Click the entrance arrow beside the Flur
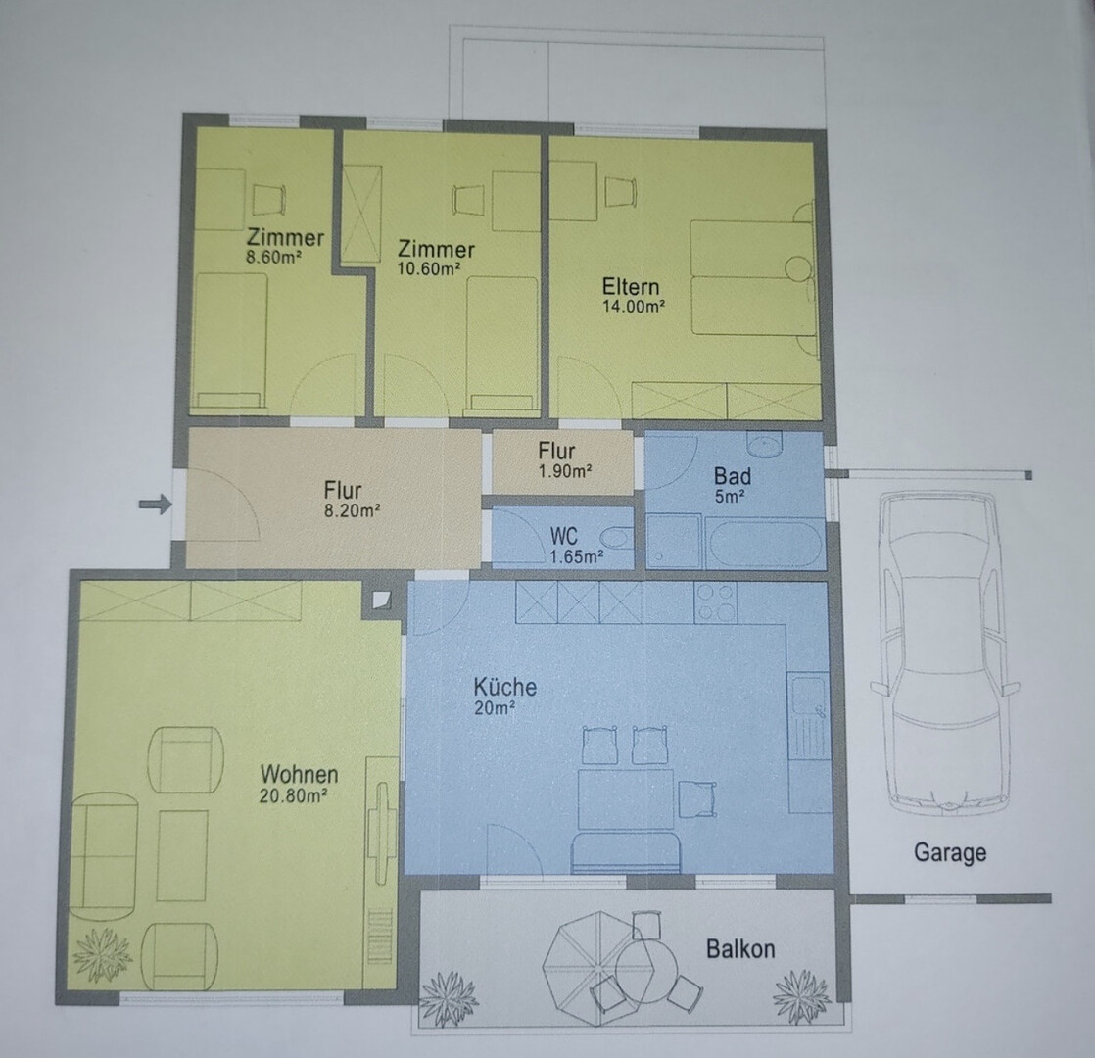155,504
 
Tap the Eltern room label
631,286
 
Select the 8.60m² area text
273,257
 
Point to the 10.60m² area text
429,268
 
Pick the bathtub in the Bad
763,543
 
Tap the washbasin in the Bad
765,443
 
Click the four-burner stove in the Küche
716,602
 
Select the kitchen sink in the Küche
809,717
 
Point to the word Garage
950,852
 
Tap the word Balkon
740,949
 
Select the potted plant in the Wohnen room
103,954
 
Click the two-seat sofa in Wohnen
104,857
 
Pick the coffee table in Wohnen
182,855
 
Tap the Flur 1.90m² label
565,460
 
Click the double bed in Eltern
753,277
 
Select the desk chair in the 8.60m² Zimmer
269,200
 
